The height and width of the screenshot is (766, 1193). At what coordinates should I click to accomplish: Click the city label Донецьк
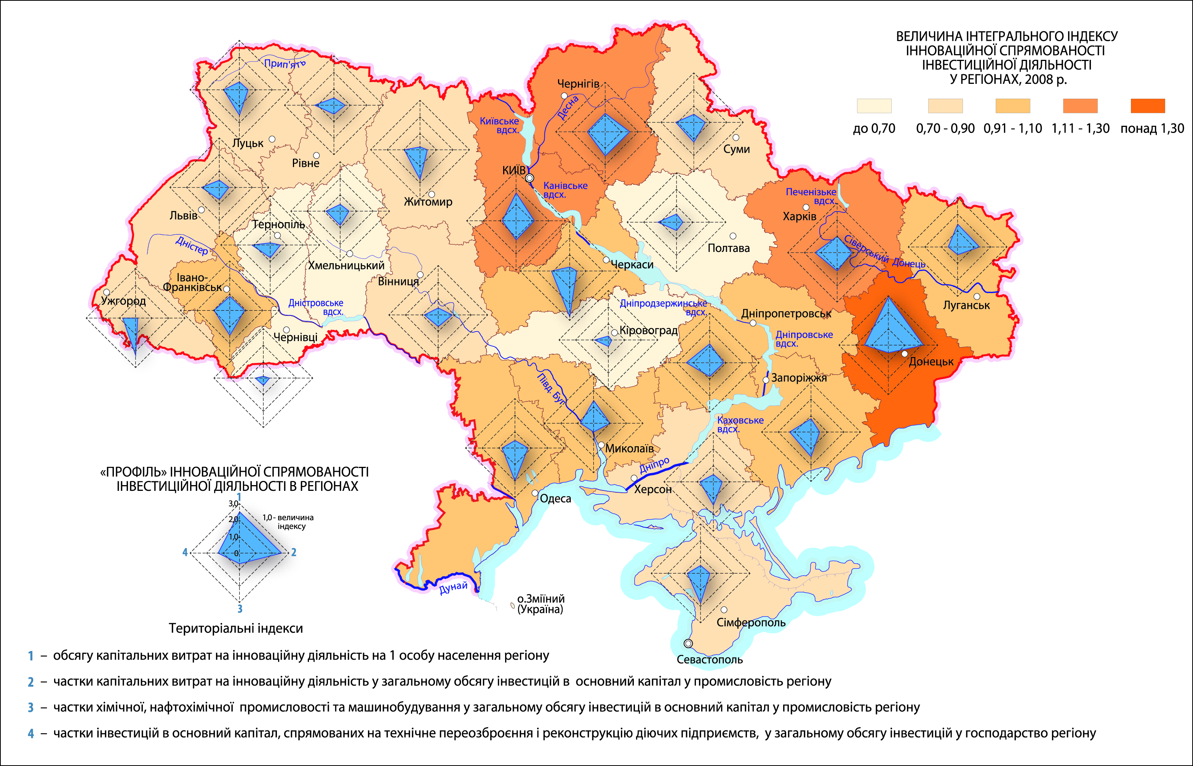tap(931, 362)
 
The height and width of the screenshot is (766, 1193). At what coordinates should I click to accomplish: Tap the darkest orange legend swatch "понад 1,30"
tap(1148, 106)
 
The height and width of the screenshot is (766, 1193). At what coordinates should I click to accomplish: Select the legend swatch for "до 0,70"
tap(874, 106)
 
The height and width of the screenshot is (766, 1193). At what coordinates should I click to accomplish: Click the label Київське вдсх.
tap(500, 125)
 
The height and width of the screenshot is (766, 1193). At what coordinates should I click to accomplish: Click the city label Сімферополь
tap(751, 622)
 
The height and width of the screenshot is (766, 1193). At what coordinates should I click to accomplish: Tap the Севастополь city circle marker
tap(688, 643)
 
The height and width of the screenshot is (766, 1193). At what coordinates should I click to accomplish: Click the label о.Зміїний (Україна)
tap(541, 604)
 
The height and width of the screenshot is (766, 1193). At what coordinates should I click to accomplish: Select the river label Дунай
tap(453, 587)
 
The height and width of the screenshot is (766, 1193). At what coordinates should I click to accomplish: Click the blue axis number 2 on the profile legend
tap(294, 552)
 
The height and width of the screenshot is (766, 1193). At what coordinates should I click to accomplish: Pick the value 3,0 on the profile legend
tap(233, 504)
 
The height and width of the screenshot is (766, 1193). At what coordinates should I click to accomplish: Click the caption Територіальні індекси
tap(236, 628)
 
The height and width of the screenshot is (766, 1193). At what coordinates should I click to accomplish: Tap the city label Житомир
tap(428, 202)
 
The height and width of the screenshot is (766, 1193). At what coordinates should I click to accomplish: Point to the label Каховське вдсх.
tap(740, 424)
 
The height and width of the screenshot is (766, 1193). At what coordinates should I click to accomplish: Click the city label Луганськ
tap(966, 305)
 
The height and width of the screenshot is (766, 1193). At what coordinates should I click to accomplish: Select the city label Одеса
tap(555, 498)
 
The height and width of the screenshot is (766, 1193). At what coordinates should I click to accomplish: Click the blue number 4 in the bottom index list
tap(31, 733)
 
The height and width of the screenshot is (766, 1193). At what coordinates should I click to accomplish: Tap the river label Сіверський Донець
tap(884, 251)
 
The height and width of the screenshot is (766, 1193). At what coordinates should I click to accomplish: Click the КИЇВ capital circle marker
tap(529, 178)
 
